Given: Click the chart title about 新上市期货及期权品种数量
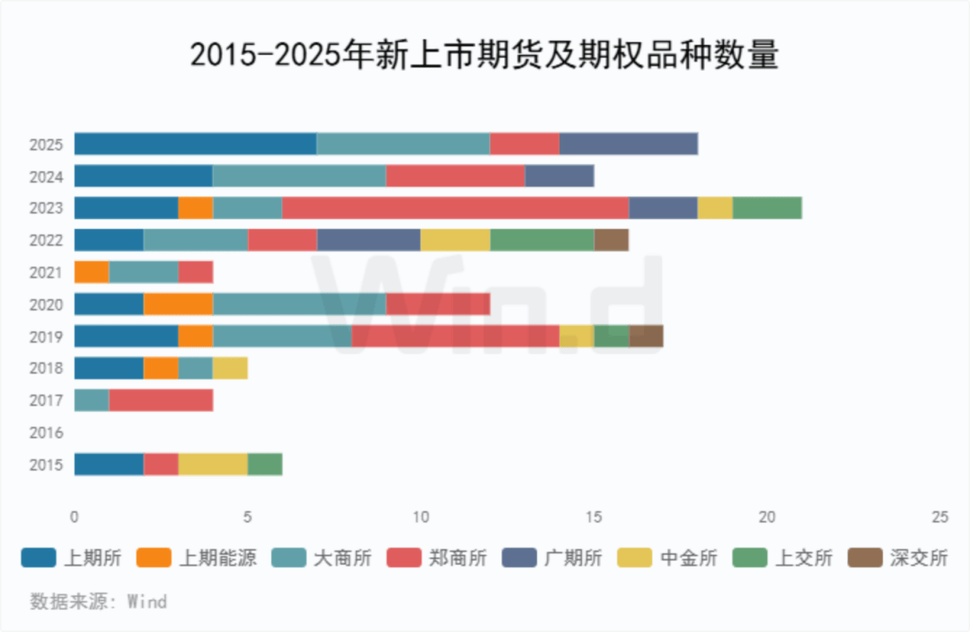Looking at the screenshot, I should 484,56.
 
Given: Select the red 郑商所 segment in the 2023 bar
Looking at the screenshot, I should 454,208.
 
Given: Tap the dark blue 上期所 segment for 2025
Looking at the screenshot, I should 195,144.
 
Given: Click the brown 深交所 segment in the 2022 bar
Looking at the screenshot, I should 611,240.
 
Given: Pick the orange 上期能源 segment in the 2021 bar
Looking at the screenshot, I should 92,272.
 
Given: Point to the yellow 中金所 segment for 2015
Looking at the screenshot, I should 213,464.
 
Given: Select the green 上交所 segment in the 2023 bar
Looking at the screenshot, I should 767,208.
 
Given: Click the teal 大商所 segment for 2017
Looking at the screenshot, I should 92,400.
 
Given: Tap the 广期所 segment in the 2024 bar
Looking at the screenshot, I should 559,176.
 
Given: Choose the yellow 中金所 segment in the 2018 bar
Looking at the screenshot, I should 230,368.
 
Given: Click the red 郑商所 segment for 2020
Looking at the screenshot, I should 437,304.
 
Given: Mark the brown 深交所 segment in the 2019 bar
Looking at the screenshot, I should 646,336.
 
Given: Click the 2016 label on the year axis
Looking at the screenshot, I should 46,433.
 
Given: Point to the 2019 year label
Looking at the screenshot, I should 46,337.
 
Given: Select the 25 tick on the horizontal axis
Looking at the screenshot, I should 939,517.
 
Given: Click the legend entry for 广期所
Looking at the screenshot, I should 552,557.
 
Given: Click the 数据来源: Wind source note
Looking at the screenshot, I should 98,601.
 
